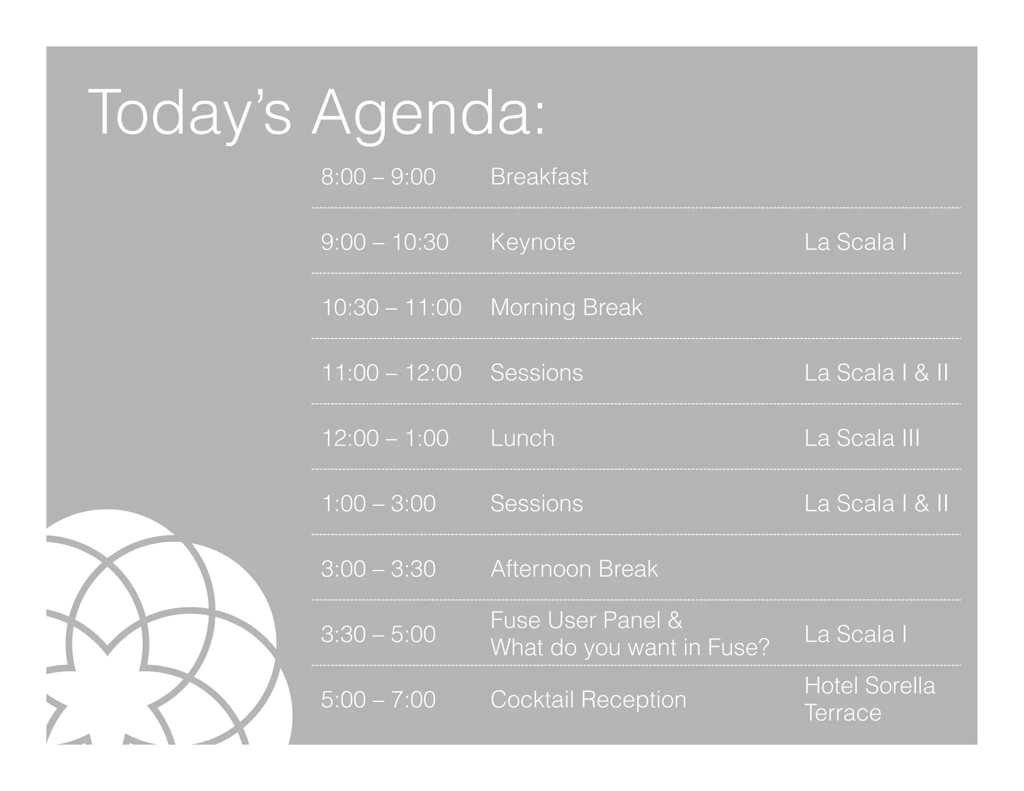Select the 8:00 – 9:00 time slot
coord(378,177)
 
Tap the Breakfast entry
coord(539,177)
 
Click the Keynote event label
coord(532,242)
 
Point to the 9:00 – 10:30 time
coord(384,242)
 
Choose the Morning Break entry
coord(566,307)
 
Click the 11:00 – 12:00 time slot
coord(391,373)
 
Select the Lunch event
coord(522,438)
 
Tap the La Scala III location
coord(861,438)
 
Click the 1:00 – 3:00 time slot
coord(378,503)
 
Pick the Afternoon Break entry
coord(574,569)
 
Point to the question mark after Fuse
coord(764,647)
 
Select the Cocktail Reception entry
coord(588,699)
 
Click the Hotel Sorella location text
coord(869,686)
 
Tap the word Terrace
coord(842,713)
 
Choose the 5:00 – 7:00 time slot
coord(378,699)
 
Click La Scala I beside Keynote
coord(855,242)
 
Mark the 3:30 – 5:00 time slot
coord(378,634)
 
